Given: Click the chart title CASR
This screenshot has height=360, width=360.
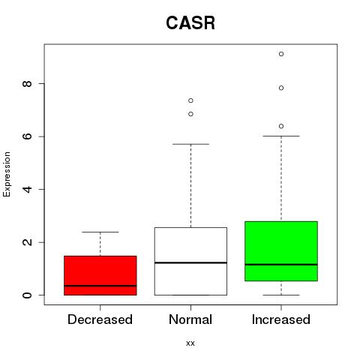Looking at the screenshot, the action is pos(190,23).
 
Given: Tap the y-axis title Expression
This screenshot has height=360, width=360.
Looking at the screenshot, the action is pos(7,174).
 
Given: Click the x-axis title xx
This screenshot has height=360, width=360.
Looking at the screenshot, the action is pos(190,343).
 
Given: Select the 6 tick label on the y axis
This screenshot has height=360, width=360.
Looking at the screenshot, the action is pos(27,136).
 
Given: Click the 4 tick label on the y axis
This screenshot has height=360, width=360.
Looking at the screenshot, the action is pos(27,189).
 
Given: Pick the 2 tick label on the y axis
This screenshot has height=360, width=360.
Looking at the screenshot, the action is pos(27,242).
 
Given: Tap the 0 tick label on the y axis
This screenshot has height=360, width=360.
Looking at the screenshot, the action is pos(27,295).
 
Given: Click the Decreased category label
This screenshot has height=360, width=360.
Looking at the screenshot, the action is pos(100,319).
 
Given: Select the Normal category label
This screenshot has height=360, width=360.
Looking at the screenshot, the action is pos(190,319).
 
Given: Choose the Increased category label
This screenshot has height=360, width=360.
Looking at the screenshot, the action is pos(281,319).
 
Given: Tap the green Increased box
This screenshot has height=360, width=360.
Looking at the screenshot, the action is pos(281,251).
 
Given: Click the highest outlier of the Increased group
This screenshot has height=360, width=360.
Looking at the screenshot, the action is pos(281,54).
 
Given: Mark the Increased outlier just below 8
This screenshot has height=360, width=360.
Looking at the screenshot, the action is pos(281,88).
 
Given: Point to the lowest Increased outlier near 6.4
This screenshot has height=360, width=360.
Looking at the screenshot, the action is pos(281,126).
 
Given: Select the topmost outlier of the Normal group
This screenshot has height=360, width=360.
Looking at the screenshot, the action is pos(190,100).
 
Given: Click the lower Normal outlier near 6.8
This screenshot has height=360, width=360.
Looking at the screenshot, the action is pos(190,114).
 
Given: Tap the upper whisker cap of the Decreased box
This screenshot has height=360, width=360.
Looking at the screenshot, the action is pos(100,232).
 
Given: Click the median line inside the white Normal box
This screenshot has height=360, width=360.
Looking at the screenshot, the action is pos(190,262).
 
